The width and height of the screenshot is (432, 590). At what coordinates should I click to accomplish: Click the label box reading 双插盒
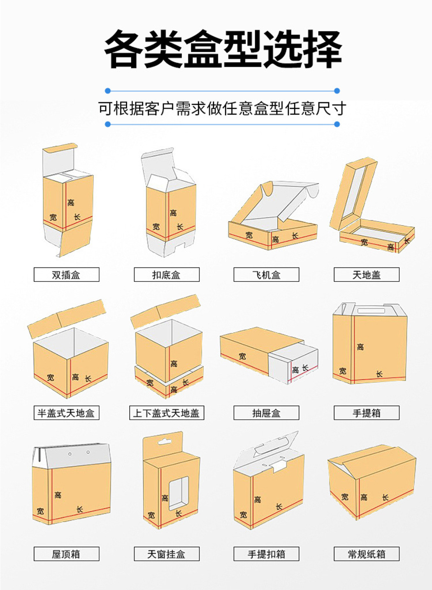click(x=66, y=275)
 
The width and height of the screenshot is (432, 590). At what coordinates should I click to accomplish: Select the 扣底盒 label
click(x=166, y=275)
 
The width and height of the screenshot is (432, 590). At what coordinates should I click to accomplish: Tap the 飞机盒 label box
click(x=266, y=275)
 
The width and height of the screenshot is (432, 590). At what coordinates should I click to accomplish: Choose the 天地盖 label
click(x=366, y=275)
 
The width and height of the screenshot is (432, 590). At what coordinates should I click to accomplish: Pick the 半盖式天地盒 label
click(x=66, y=413)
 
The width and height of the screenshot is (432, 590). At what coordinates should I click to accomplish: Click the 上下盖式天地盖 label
click(x=166, y=413)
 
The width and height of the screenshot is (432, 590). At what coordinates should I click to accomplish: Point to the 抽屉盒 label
click(x=266, y=413)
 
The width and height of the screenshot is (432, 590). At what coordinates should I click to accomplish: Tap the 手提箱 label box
click(x=366, y=413)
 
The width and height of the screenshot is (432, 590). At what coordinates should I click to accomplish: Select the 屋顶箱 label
click(x=66, y=554)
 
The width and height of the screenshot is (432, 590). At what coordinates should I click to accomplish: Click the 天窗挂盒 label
click(x=166, y=554)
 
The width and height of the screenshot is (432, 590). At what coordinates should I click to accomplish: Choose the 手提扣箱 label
click(x=266, y=554)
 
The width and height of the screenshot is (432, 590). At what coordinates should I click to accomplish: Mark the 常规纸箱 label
click(x=366, y=554)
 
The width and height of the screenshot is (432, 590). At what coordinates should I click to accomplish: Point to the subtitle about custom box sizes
click(x=222, y=109)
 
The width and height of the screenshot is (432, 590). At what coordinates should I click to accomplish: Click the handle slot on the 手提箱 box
click(x=370, y=310)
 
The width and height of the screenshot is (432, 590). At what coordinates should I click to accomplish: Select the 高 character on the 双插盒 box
click(x=71, y=202)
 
